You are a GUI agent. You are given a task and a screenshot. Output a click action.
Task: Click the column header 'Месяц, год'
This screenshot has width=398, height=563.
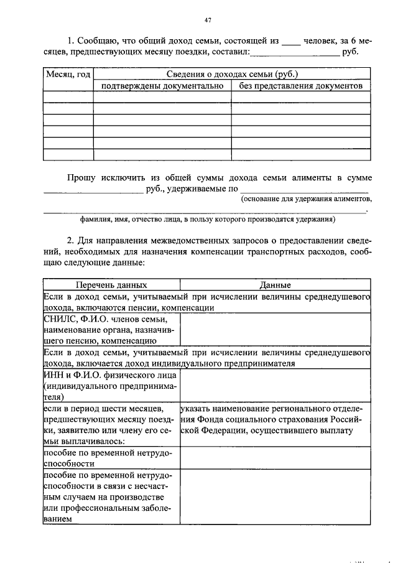click(68, 74)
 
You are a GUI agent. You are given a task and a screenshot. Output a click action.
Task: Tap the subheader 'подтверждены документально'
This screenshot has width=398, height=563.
click(162, 86)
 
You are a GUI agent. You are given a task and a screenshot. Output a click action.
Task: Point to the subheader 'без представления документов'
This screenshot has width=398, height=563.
click(301, 86)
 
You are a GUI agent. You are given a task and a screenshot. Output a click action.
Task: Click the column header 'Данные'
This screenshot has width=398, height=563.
click(275, 285)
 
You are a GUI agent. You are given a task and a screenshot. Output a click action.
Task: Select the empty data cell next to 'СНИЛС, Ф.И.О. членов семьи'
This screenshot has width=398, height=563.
click(275, 330)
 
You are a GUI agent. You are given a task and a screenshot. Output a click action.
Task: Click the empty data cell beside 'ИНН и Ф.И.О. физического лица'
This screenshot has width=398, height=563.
click(275, 386)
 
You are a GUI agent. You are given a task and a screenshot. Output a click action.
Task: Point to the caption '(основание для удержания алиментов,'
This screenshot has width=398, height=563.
click(307, 199)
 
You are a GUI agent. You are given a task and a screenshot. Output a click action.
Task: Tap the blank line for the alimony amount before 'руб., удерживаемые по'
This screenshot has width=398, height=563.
click(93, 190)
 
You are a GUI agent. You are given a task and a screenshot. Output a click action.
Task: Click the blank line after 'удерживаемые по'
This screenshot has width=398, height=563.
click(304, 190)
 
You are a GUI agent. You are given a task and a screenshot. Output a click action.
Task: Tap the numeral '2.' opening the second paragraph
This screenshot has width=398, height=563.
click(72, 240)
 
